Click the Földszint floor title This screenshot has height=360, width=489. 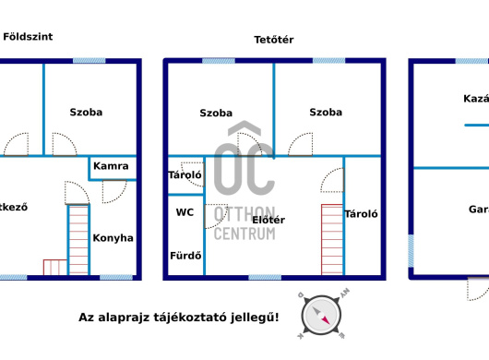click(28, 37)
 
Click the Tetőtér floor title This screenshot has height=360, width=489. click(274, 40)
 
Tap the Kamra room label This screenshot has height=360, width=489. click(111, 167)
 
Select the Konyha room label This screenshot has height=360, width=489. click(113, 237)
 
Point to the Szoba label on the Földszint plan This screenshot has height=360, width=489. click(86, 112)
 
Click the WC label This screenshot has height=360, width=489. click(185, 211)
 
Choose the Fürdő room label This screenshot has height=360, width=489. click(185, 256)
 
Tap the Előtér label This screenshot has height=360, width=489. click(268, 220)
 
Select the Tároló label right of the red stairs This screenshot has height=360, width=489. click(362, 214)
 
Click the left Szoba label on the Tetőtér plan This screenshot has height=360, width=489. click(216, 113)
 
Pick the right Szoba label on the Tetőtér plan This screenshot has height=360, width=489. click(326, 113)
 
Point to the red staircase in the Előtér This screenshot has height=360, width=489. click(331, 238)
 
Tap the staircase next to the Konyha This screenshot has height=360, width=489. click(78, 239)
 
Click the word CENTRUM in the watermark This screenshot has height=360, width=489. click(244, 234)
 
